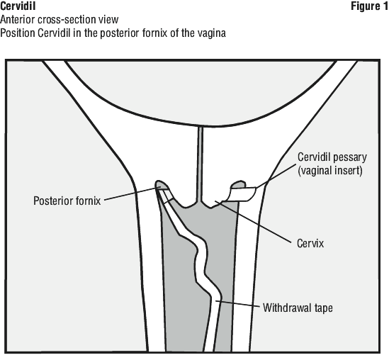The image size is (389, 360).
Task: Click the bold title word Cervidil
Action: pos(18,6)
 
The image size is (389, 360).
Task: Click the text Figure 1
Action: pos(369,6)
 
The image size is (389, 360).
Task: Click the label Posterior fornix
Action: pos(67,201)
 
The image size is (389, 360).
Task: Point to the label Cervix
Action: pos(310,243)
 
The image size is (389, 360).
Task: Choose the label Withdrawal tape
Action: pos(298,308)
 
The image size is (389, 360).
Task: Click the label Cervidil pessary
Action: pos(332,157)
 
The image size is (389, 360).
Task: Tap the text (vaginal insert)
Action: pos(330,171)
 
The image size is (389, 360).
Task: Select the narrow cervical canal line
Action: pos(201,164)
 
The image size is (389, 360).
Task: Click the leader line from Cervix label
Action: pos(253,222)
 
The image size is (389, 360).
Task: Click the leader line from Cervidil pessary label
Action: pos(276,176)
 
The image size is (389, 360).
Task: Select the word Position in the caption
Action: pos(18,33)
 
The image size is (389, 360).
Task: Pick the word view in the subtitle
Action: pos(108,20)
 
